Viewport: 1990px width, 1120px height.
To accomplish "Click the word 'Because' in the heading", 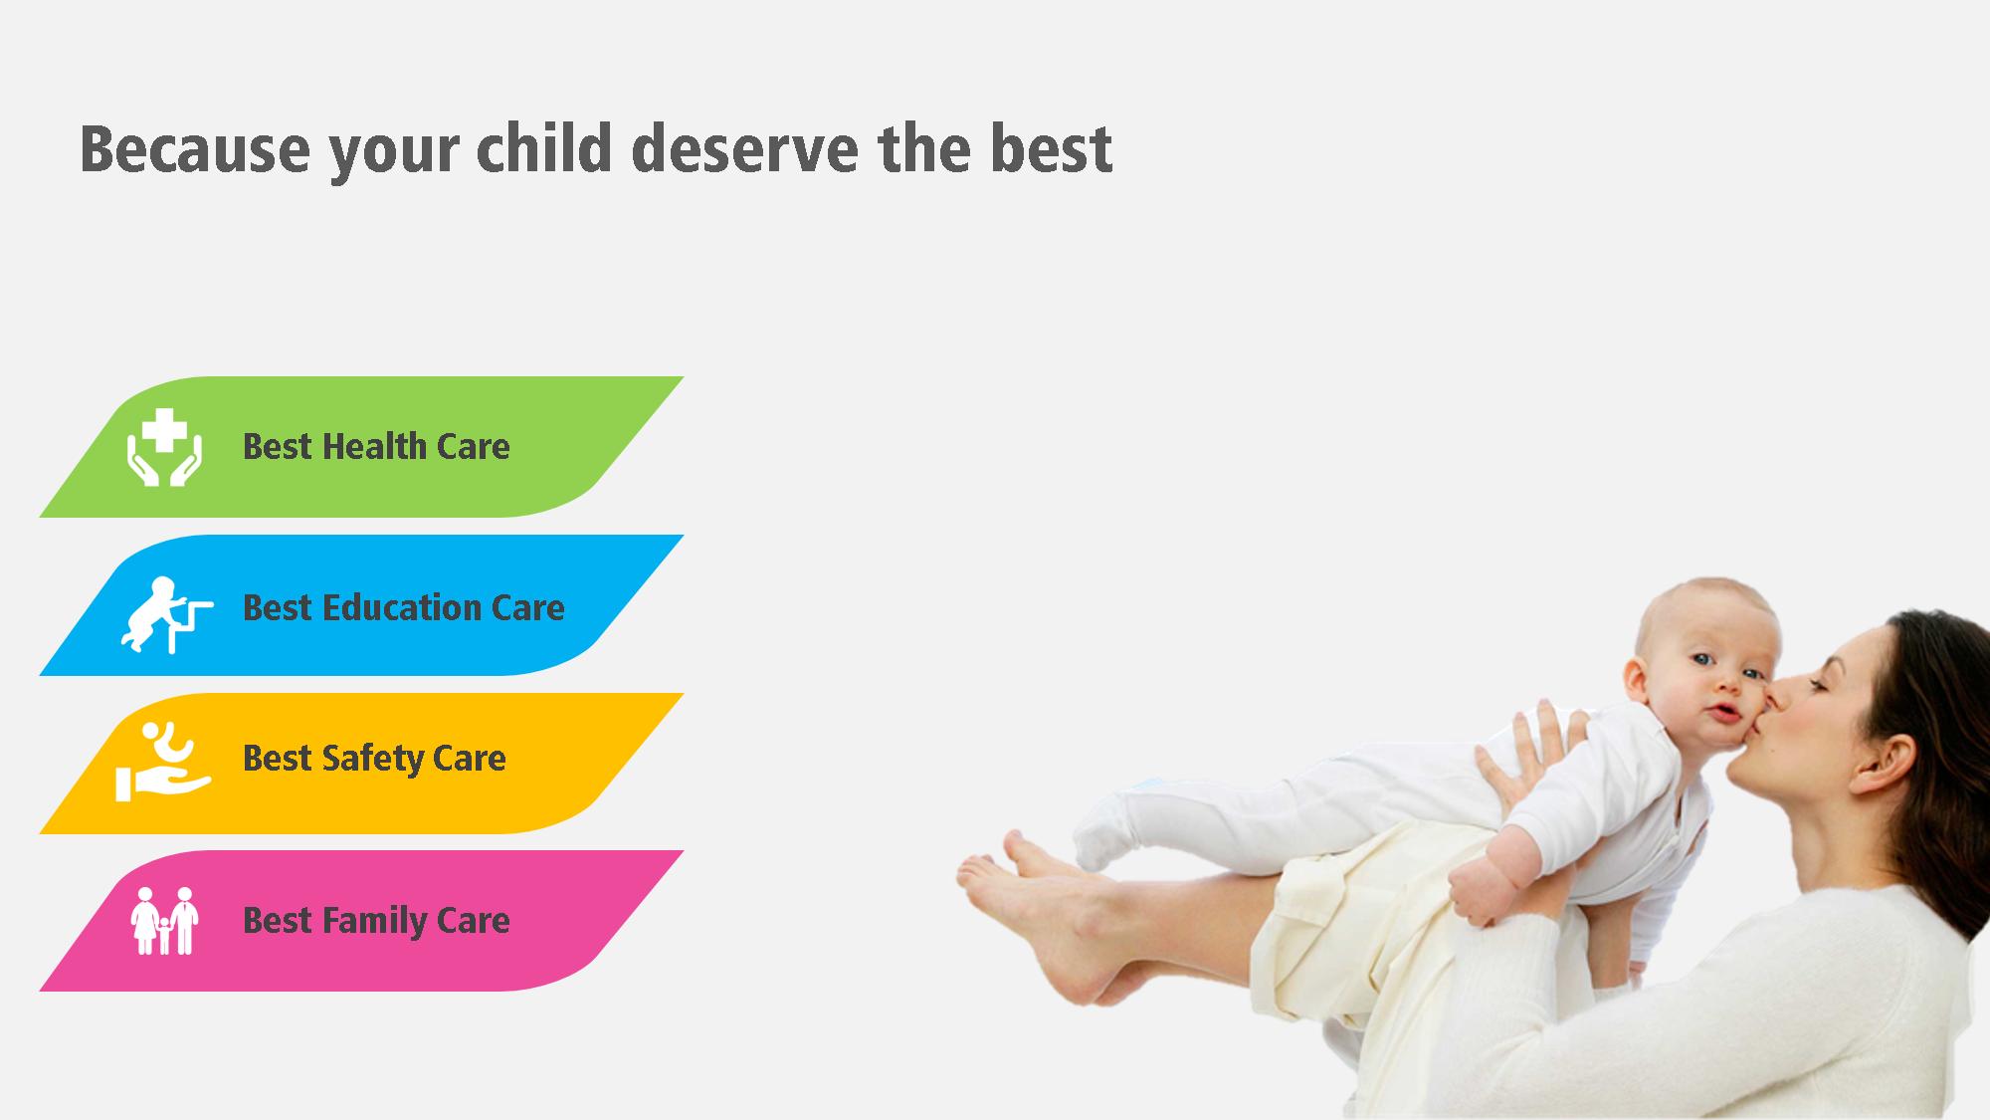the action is click(x=195, y=148).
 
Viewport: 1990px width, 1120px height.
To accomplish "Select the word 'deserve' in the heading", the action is click(x=745, y=148).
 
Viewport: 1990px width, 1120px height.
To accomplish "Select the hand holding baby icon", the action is click(x=163, y=762).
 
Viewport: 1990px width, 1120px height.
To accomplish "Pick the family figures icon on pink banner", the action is click(x=165, y=921).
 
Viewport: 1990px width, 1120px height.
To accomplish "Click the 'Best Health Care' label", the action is click(x=376, y=447).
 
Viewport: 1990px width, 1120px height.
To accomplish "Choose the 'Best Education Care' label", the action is click(x=404, y=607).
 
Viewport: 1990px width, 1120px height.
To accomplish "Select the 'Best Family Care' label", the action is click(x=376, y=921).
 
